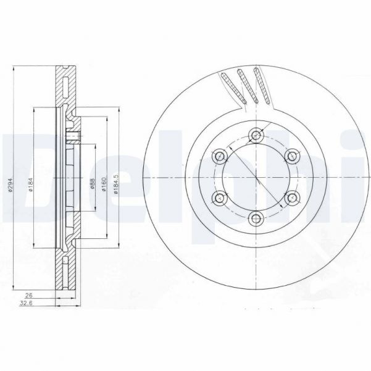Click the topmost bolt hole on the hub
pos(256,136)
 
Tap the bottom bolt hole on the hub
pos(256,219)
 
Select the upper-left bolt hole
pos(220,157)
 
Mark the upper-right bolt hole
pos(291,157)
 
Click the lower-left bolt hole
pos(220,198)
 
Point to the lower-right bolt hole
pos(291,198)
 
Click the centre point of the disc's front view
pos(256,178)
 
